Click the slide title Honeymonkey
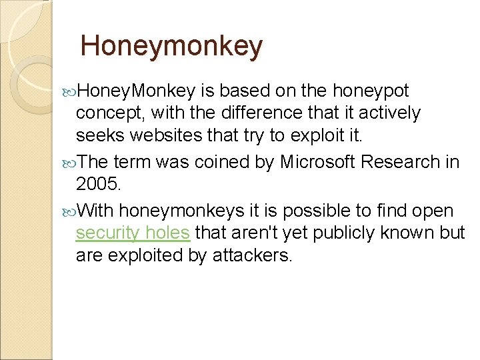pyautogui.click(x=171, y=46)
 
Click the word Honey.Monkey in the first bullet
pyautogui.click(x=137, y=91)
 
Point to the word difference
pyautogui.click(x=255, y=113)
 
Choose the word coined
pyautogui.click(x=218, y=162)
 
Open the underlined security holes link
pyautogui.click(x=133, y=233)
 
